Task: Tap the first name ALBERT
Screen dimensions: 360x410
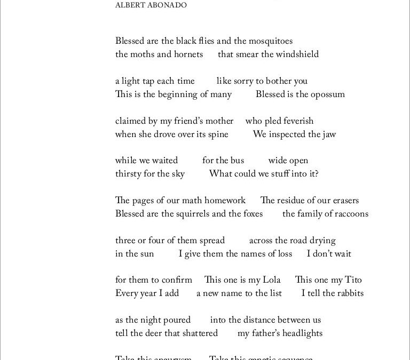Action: [130, 5]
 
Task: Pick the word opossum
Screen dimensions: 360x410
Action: [327, 94]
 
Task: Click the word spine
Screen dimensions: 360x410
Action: [219, 134]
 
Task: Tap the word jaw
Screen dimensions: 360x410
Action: [329, 134]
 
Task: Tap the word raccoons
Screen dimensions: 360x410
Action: [349, 214]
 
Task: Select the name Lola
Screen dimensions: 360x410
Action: [271, 280]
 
